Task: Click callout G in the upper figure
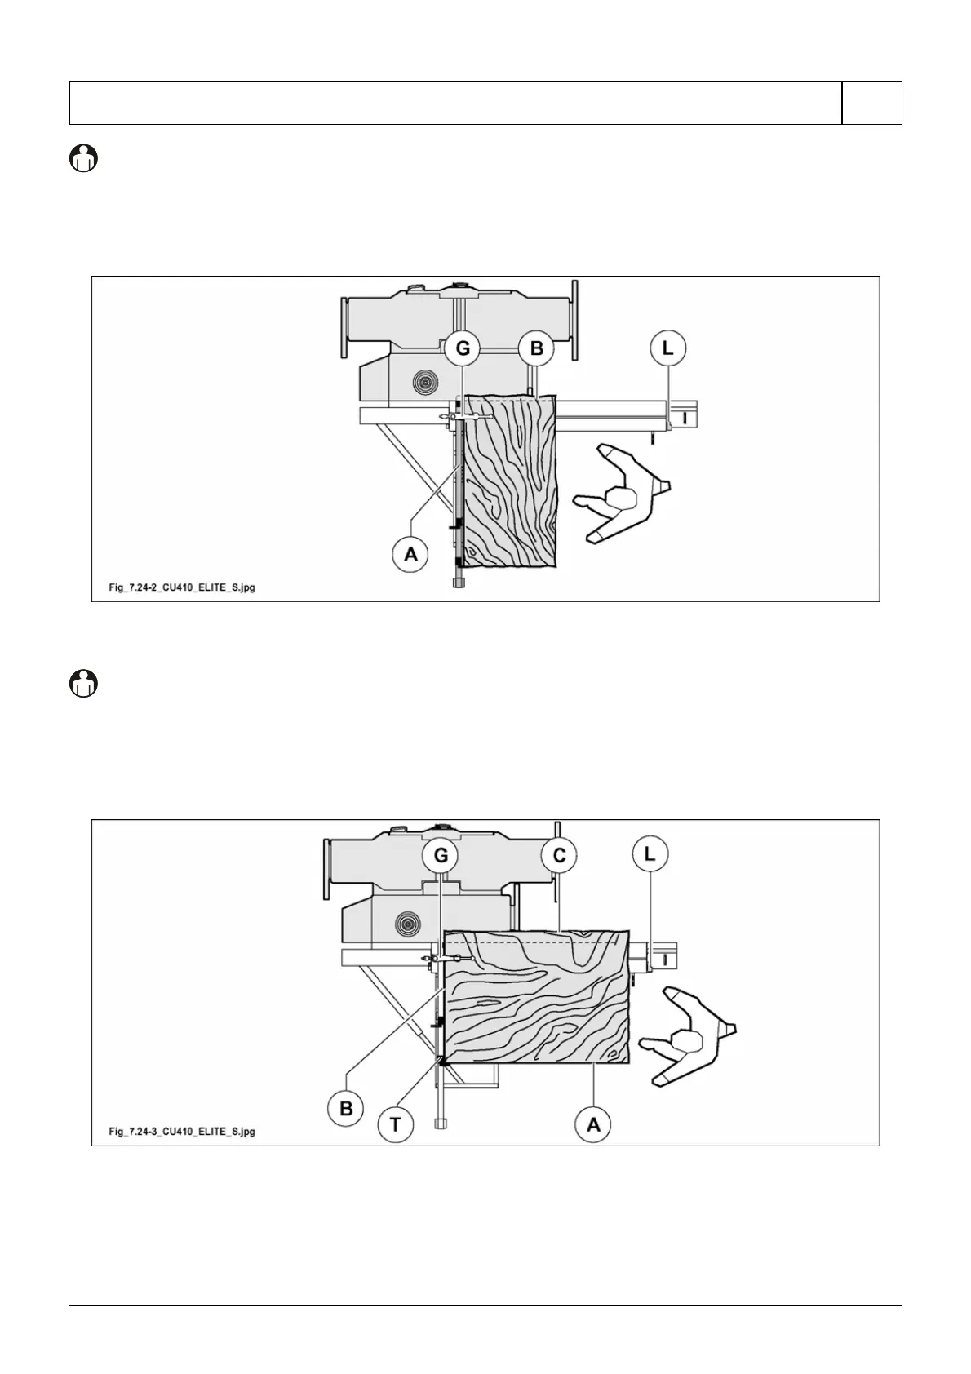[x=463, y=349]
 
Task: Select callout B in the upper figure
[x=536, y=349]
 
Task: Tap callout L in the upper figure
[x=668, y=349]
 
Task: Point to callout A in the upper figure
[x=410, y=554]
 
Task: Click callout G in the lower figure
[x=441, y=856]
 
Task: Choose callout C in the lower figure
[x=559, y=856]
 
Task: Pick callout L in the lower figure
[x=650, y=854]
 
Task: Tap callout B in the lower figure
[x=346, y=1108]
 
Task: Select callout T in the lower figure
[x=396, y=1124]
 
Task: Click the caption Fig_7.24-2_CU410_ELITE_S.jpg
[x=182, y=587]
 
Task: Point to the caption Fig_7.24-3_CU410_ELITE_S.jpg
[x=182, y=1131]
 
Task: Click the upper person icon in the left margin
[x=82, y=157]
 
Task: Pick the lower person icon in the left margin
[x=82, y=683]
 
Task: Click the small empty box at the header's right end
[x=871, y=103]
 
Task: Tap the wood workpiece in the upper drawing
[x=510, y=481]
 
